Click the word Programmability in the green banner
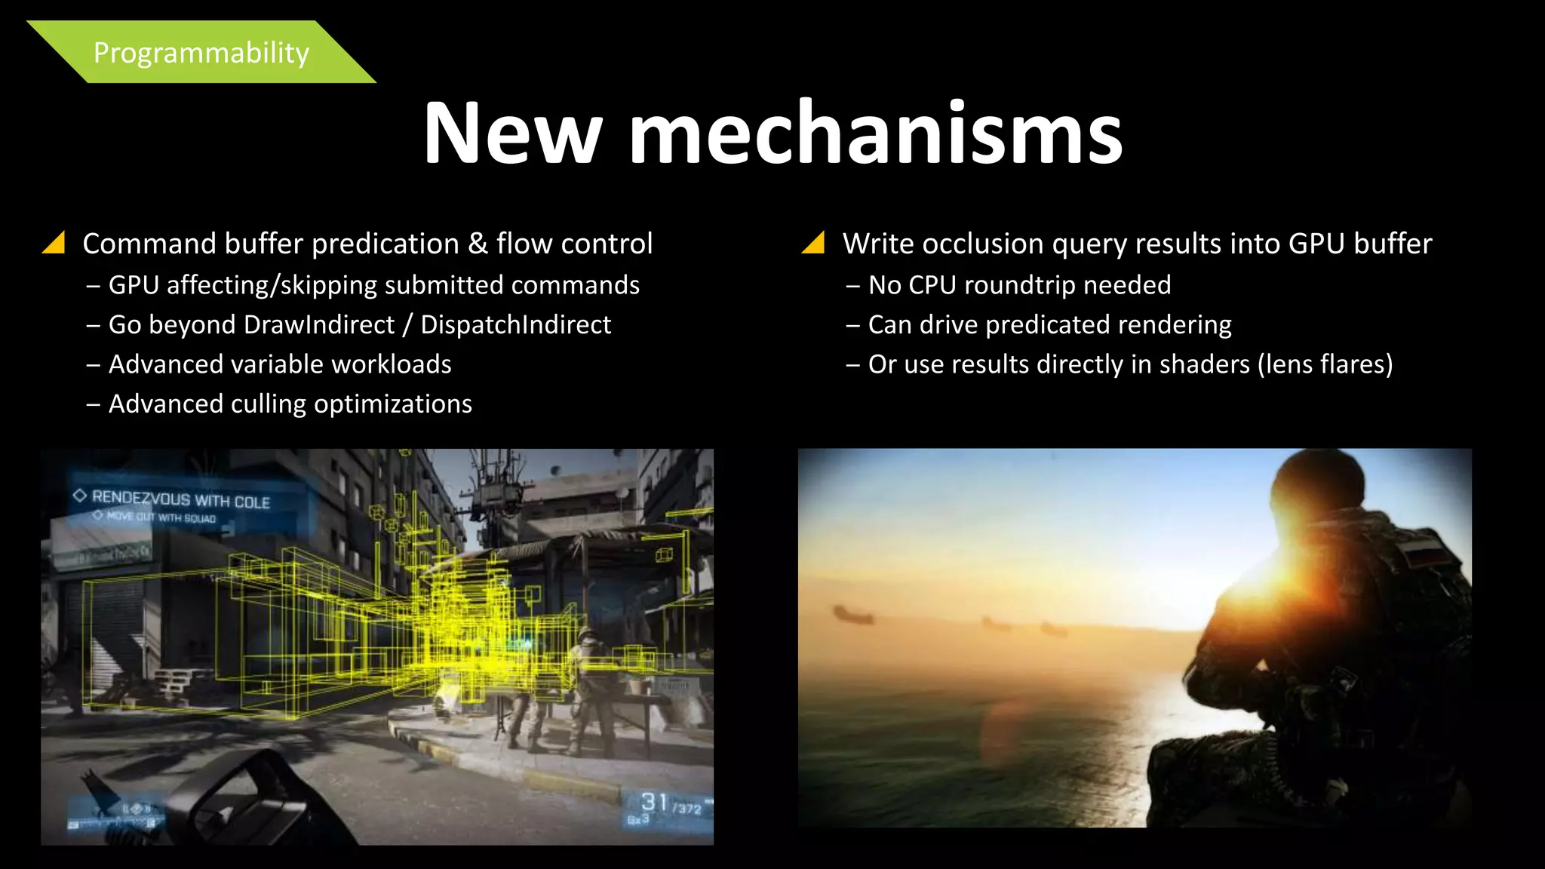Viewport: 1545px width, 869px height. click(x=201, y=53)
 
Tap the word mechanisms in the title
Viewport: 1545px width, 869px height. click(x=875, y=134)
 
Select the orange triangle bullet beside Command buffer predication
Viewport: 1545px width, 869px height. click(x=54, y=243)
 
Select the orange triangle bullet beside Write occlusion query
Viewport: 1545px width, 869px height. click(x=813, y=243)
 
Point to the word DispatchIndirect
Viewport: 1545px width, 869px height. click(x=515, y=325)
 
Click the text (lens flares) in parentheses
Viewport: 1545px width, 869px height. click(x=1325, y=365)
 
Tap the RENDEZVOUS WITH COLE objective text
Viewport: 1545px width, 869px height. click(x=180, y=499)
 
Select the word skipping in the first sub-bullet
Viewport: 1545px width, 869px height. click(x=332, y=286)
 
